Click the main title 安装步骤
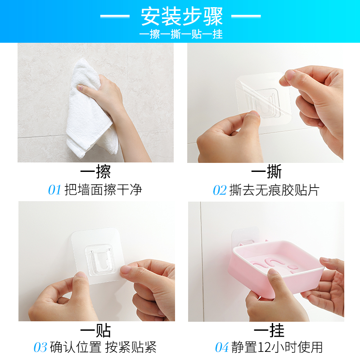click(182, 16)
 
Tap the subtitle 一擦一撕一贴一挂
click(181, 35)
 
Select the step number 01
click(54, 190)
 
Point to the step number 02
click(220, 190)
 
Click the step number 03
click(40, 347)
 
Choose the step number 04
click(222, 347)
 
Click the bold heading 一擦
click(95, 172)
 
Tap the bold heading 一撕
click(266, 172)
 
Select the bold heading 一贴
click(95, 331)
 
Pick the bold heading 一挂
click(269, 331)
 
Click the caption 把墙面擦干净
click(103, 190)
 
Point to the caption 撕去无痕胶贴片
click(274, 190)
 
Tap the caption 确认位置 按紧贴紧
click(103, 347)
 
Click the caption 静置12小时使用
click(277, 347)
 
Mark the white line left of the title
click(115, 16)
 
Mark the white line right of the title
click(246, 16)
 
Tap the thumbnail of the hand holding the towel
click(95, 103)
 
